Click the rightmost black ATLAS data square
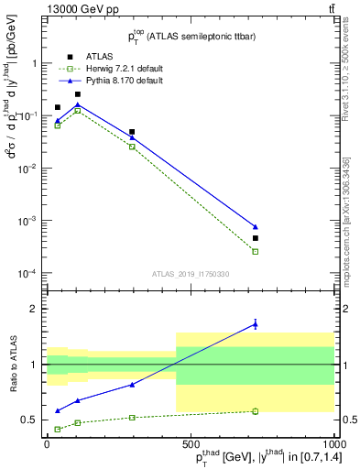coord(256,238)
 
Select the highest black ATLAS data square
coord(78,94)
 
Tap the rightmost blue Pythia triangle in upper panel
coord(256,226)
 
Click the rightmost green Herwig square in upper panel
coord(256,251)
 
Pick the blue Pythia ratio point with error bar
coord(256,323)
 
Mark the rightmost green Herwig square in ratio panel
coord(256,411)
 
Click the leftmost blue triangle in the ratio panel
coord(58,411)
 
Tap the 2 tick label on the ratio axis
coord(36,309)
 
